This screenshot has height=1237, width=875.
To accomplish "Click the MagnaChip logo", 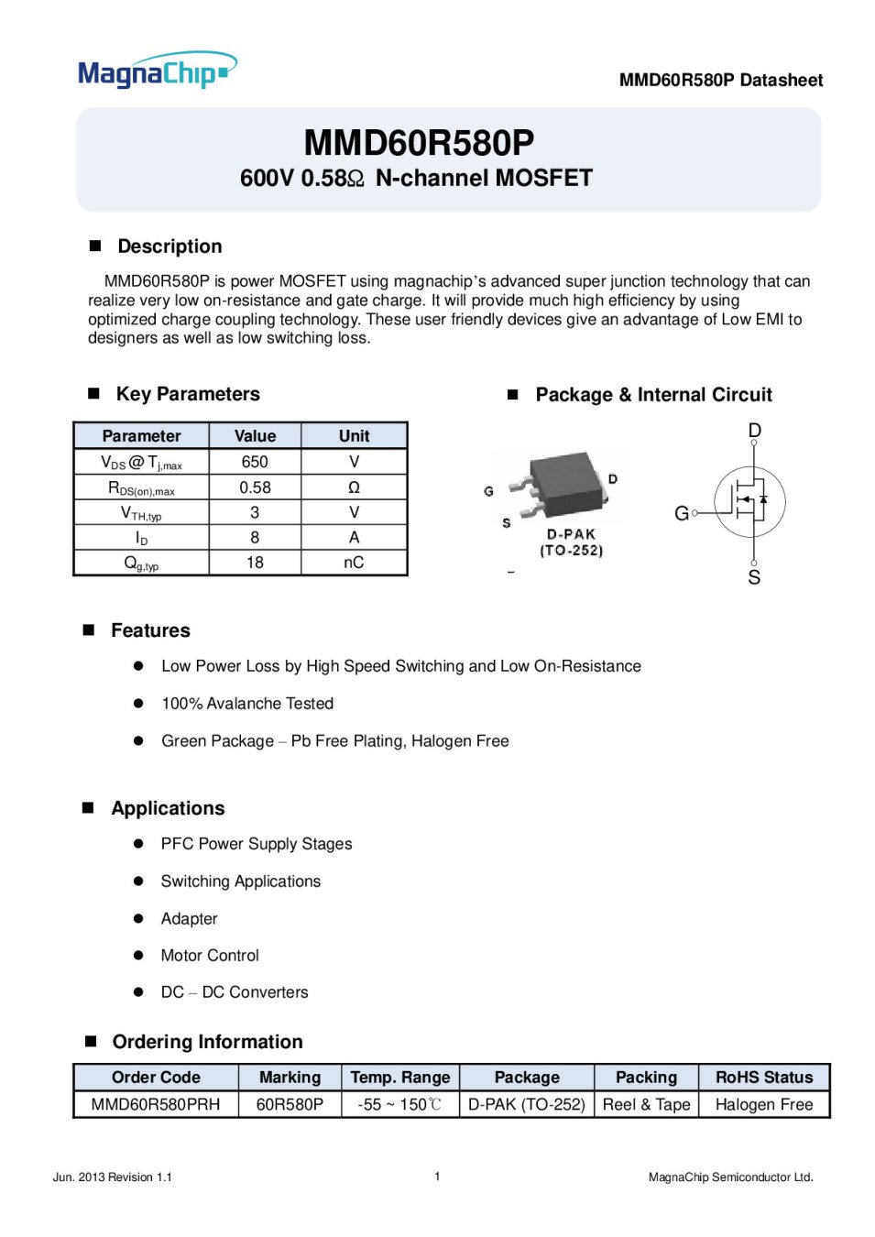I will click(157, 71).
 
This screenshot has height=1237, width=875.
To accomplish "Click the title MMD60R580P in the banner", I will click(419, 143).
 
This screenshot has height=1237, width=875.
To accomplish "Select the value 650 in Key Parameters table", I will click(255, 462).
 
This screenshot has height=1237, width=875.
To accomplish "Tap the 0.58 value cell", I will click(255, 487).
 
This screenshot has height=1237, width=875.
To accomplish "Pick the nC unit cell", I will click(354, 563).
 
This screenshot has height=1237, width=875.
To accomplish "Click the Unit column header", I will click(354, 436).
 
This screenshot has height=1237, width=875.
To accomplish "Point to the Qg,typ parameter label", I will click(141, 564).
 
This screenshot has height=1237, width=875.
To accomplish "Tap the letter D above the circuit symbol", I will click(755, 431).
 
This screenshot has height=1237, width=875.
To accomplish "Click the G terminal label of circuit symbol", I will click(682, 514).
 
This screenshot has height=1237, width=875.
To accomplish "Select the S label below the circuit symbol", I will click(754, 577).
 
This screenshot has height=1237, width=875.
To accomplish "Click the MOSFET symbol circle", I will click(749, 501).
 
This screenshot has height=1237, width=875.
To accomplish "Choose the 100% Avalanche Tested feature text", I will click(247, 704).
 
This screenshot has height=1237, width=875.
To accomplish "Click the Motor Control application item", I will click(210, 956).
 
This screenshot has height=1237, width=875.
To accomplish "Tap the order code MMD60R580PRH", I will click(156, 1104).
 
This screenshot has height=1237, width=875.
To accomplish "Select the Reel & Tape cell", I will click(646, 1104).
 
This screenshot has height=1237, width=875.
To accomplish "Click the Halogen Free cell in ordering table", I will click(764, 1104).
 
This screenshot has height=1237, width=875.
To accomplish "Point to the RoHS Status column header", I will click(764, 1078).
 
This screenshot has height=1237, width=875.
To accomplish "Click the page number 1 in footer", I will click(437, 1177).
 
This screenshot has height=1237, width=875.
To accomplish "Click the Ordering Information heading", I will click(207, 1042).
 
